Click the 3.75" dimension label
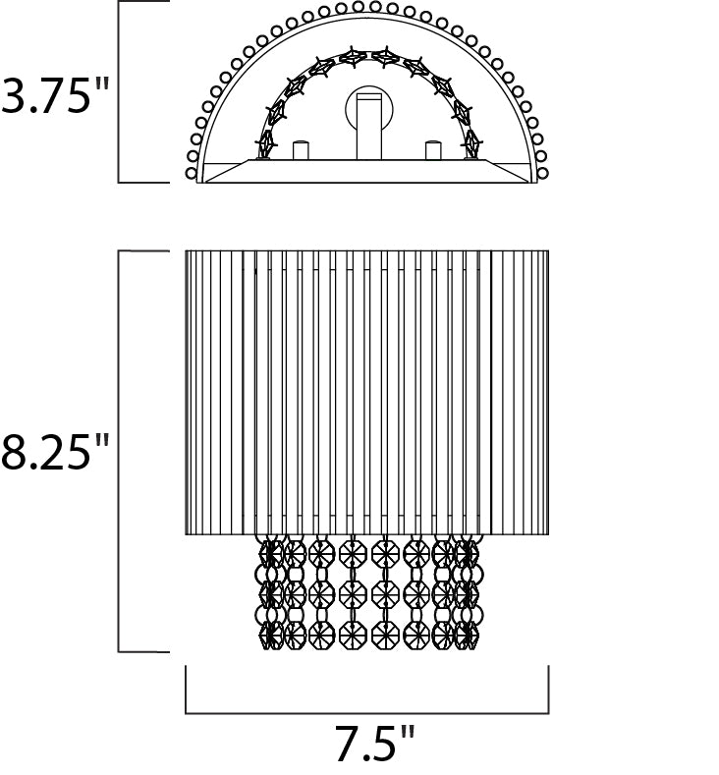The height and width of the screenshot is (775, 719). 54,95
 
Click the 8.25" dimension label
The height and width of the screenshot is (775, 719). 54,452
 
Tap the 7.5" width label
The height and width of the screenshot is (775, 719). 374,743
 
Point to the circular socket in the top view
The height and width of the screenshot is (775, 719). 369,111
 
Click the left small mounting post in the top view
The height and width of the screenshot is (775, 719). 301,150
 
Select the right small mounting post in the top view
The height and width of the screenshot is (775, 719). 433,150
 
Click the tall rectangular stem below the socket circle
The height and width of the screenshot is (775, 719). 369,127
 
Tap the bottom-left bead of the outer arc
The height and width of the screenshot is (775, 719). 192,174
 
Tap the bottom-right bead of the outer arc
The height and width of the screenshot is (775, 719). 542,174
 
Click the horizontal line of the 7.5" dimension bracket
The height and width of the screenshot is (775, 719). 367,713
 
